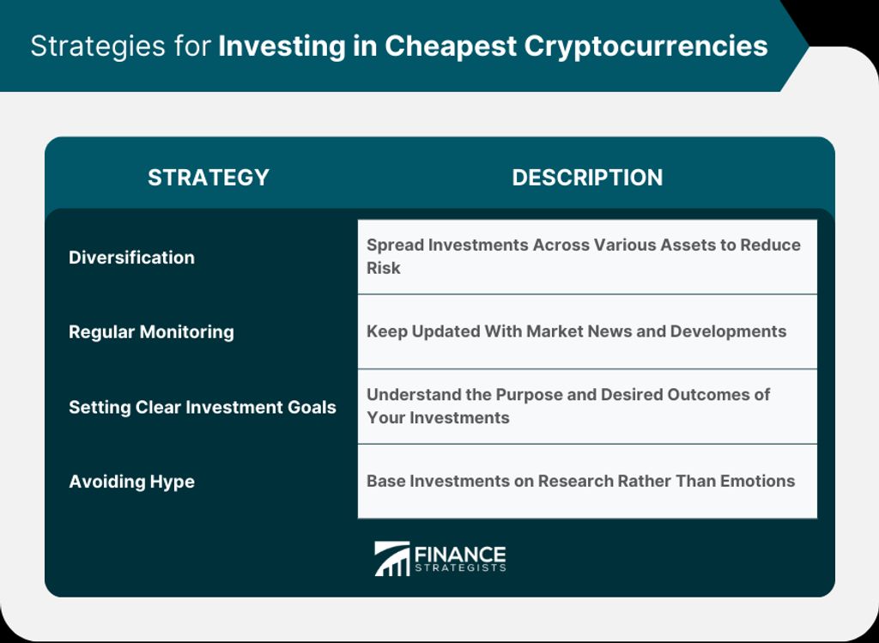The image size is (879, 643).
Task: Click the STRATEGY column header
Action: point(209,177)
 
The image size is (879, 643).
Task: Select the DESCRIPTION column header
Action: point(587,177)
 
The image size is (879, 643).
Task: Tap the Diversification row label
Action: point(131,258)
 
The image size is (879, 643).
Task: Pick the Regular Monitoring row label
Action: point(151,332)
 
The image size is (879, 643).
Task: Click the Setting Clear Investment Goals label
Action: point(203,406)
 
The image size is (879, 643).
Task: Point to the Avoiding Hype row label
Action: point(131,482)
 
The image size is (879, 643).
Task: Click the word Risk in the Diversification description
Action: point(384,268)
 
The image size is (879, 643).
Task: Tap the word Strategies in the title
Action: point(98,46)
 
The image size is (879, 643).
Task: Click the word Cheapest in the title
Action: point(450,46)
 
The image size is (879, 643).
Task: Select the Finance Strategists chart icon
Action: point(391,558)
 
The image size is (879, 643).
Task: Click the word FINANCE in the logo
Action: point(460,555)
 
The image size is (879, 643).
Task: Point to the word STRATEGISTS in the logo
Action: point(460,567)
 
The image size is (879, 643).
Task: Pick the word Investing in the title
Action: point(282,46)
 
